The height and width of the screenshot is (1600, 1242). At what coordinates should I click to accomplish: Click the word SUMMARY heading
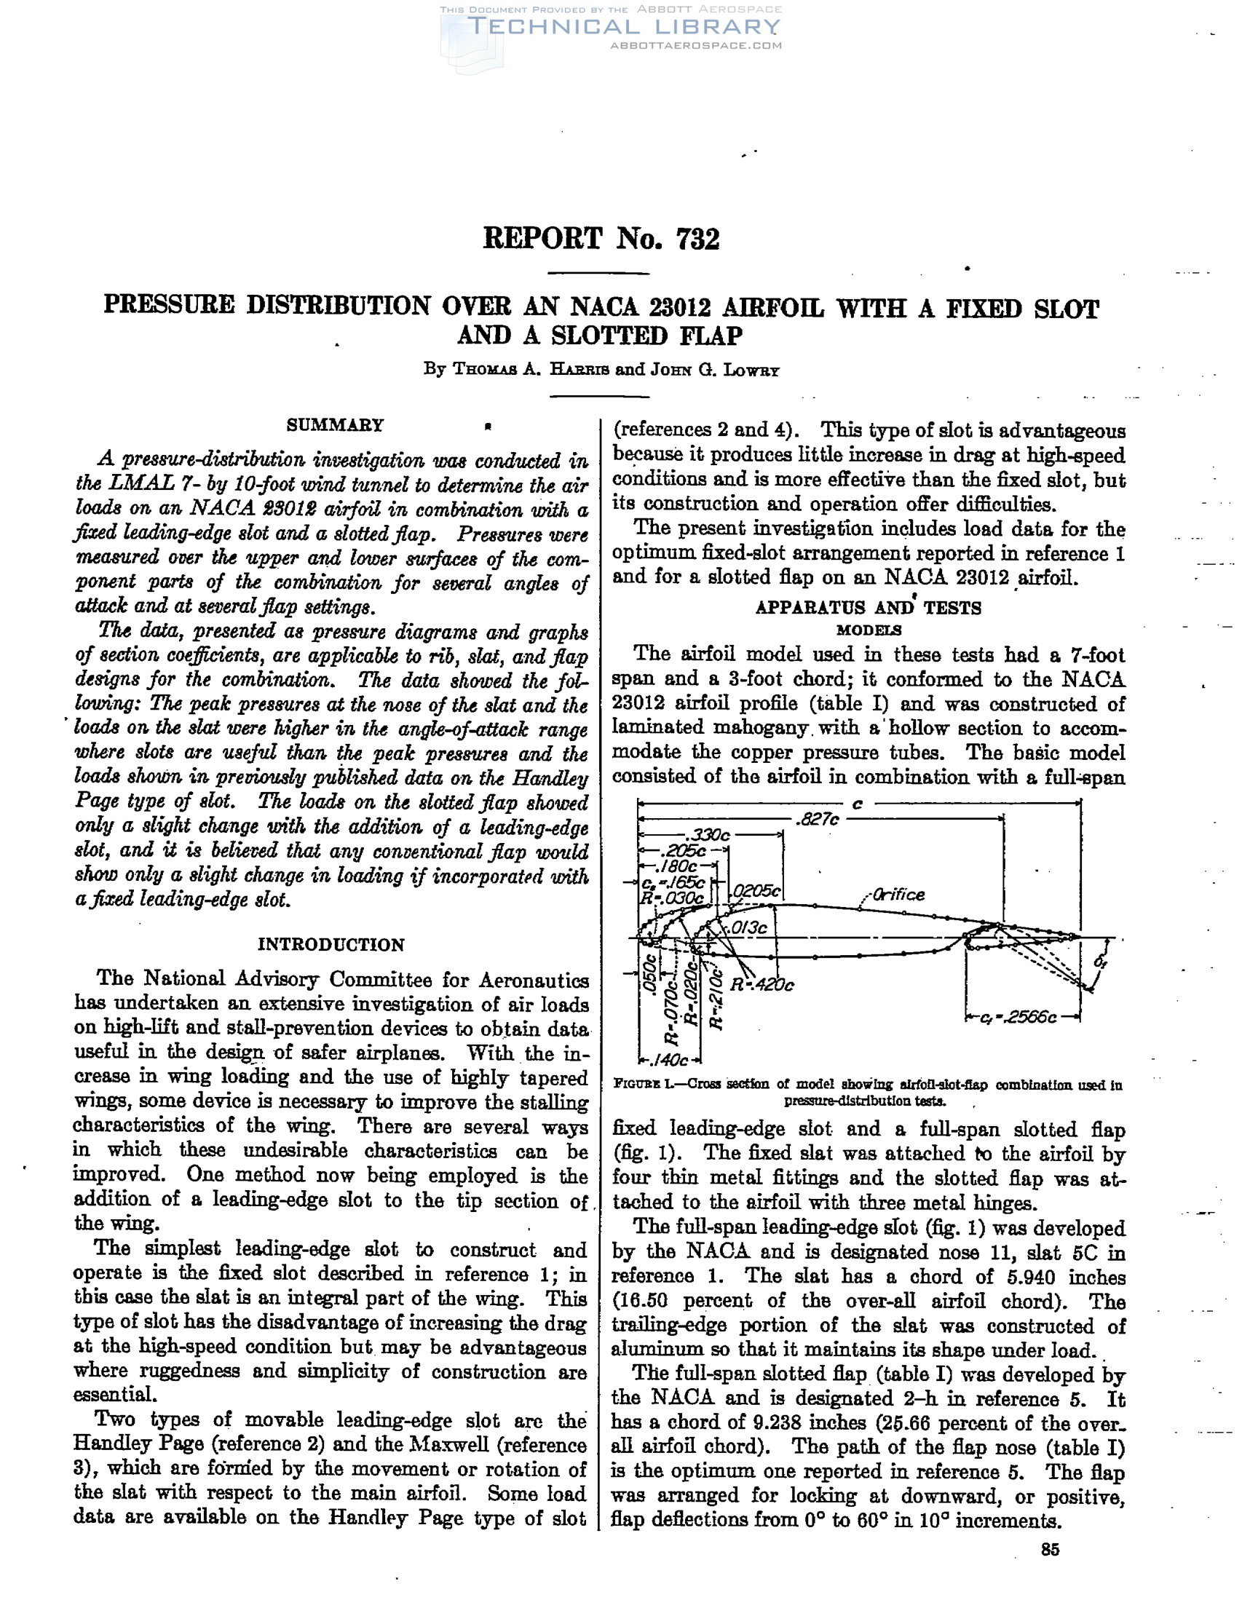pyautogui.click(x=335, y=425)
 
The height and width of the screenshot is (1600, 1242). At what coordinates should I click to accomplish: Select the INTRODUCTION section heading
pyautogui.click(x=331, y=944)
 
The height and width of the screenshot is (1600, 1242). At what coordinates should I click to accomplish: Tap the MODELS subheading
pyautogui.click(x=869, y=630)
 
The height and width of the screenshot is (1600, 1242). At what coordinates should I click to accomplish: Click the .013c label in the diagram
pyautogui.click(x=749, y=927)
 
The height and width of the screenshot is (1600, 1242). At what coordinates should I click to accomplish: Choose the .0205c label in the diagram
pyautogui.click(x=759, y=892)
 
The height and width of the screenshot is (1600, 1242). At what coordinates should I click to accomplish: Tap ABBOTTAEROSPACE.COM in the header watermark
pyautogui.click(x=695, y=45)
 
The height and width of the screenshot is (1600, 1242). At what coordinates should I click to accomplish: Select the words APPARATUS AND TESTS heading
pyautogui.click(x=868, y=607)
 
